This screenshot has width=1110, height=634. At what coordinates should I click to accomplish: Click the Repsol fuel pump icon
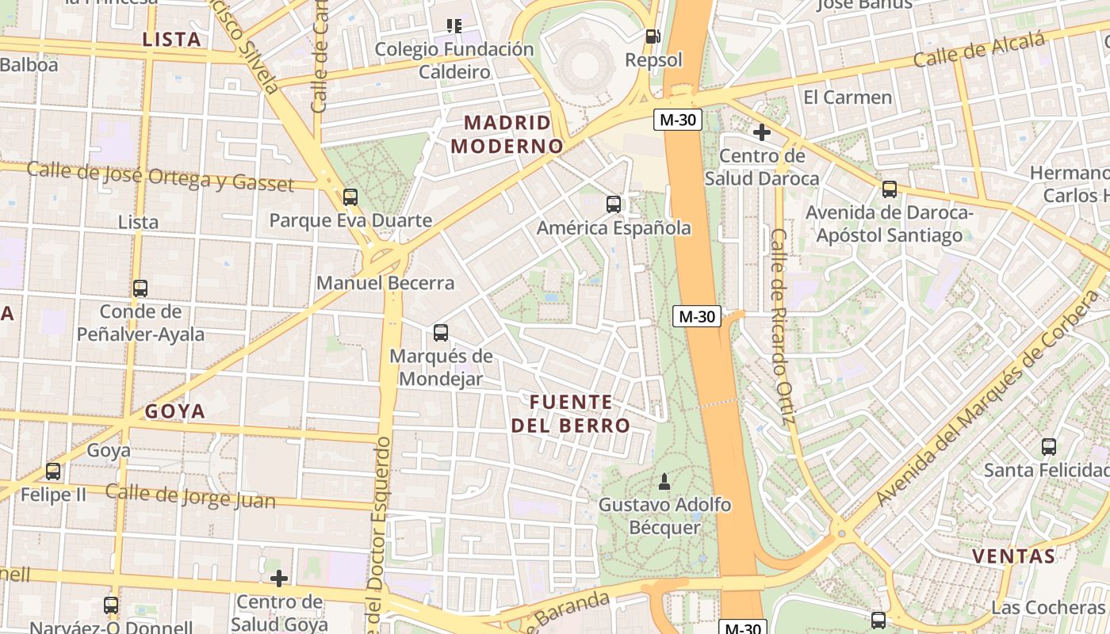[653, 36]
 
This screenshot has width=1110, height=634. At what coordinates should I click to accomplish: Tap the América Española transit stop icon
[614, 204]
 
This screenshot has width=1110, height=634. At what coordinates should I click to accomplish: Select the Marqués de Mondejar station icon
[441, 333]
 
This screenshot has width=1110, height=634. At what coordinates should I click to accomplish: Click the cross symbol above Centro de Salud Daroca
[762, 132]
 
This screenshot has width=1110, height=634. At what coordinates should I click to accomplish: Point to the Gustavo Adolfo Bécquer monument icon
[664, 481]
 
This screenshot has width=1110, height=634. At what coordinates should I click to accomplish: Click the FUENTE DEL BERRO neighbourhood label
[571, 414]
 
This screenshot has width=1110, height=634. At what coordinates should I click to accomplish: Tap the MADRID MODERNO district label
[507, 135]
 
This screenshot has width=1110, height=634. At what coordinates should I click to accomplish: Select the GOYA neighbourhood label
[175, 411]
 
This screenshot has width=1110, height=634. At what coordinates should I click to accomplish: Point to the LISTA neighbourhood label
[171, 40]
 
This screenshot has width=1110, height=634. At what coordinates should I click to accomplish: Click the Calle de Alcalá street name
[978, 52]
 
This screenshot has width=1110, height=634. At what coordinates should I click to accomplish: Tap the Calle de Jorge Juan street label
[190, 497]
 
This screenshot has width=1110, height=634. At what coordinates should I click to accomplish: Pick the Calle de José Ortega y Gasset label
[160, 176]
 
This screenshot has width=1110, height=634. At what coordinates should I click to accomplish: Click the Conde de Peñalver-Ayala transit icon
[140, 288]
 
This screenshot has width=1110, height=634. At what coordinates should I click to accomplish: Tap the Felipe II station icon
[53, 472]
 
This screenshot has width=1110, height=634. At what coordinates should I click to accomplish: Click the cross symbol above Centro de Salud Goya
[278, 579]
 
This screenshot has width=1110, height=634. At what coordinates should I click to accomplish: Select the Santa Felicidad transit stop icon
[1049, 447]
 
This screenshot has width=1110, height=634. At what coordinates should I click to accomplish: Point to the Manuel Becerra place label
[385, 283]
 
